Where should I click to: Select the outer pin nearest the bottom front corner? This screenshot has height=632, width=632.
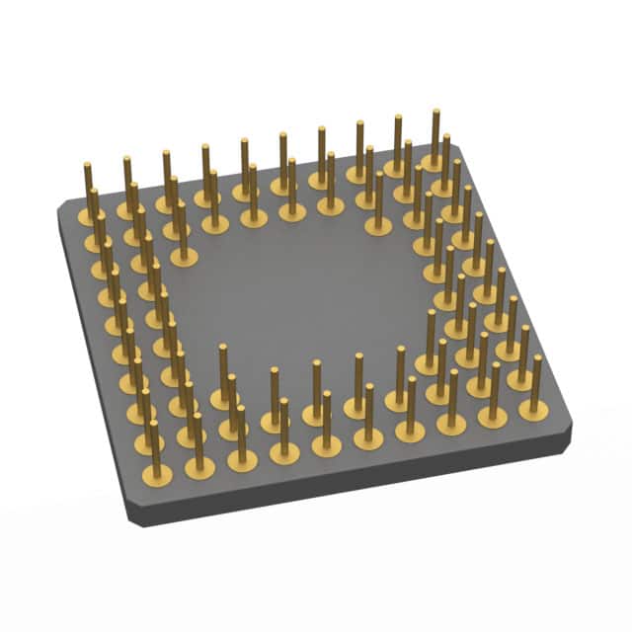155,449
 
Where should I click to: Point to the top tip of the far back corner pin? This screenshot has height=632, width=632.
434,112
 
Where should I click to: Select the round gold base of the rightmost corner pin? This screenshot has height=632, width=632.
534,406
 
